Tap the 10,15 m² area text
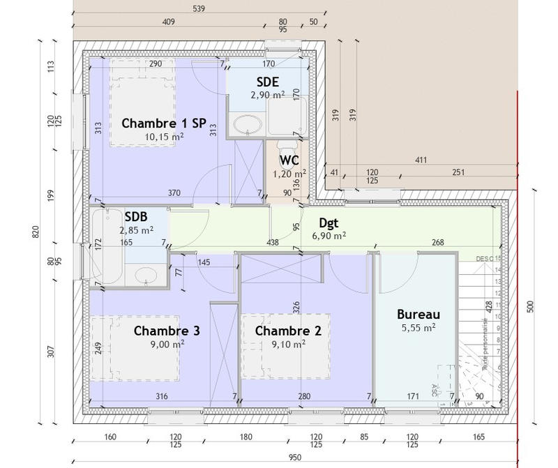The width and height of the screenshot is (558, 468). [164, 137]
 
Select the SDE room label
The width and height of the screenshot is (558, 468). [268, 81]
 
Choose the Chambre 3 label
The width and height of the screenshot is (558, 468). [167, 330]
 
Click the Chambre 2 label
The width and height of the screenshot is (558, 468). [288, 330]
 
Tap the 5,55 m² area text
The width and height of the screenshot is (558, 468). [418, 326]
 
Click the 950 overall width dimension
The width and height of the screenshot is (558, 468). [295, 458]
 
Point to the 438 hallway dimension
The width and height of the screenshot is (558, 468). [273, 243]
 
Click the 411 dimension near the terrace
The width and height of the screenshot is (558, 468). [421, 161]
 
